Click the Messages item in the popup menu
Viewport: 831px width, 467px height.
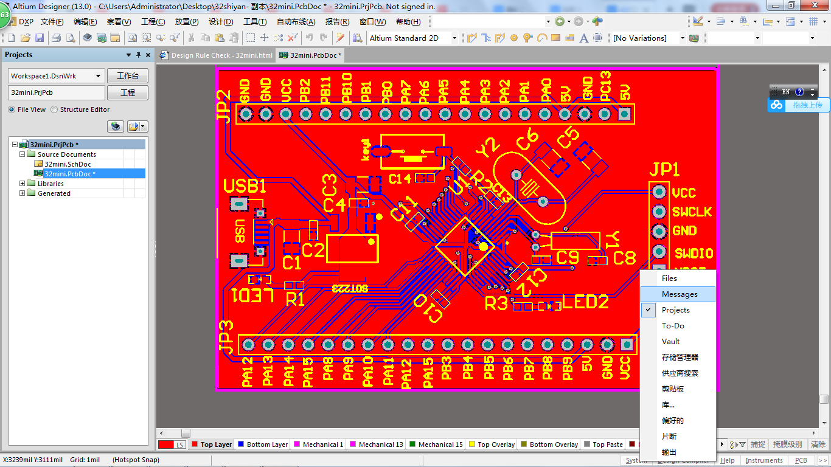pos(680,294)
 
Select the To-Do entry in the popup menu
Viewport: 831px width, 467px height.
pos(673,326)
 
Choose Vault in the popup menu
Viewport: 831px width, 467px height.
pos(670,342)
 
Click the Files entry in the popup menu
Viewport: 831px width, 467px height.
pos(669,278)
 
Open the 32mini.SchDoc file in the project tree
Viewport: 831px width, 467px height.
pos(68,164)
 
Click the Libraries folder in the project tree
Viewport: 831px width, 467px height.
pos(50,184)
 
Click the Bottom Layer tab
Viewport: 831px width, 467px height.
pos(262,445)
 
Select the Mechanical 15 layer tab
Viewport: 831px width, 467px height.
pos(436,445)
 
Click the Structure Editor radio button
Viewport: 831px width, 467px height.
pos(54,110)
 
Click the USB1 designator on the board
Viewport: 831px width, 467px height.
pos(245,186)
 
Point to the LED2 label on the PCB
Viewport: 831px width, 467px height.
pos(585,302)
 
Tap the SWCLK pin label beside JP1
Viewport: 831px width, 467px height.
pos(692,212)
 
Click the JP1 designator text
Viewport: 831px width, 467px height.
pos(664,170)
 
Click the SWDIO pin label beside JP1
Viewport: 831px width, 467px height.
pos(694,253)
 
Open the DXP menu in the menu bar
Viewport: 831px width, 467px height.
pos(26,22)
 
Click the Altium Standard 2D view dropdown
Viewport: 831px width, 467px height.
pos(412,38)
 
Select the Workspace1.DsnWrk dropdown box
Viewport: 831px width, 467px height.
pos(56,76)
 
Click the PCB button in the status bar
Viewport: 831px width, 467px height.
pos(801,460)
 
